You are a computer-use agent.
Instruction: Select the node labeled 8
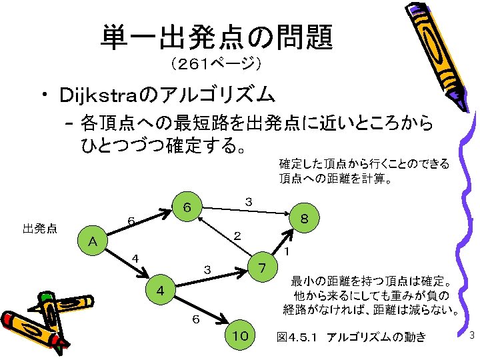point(303,219)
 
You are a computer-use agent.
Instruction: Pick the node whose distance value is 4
point(160,291)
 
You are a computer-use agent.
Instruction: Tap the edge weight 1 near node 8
point(285,252)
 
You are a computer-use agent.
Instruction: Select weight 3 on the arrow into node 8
point(248,201)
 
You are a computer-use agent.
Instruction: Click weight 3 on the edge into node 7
point(207,270)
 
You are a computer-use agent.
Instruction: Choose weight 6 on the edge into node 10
point(195,319)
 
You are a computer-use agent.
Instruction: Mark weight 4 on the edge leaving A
point(135,258)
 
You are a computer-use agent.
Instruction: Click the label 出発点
point(39,229)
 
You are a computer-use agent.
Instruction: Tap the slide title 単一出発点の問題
point(217,38)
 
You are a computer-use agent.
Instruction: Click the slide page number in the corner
point(471,336)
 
